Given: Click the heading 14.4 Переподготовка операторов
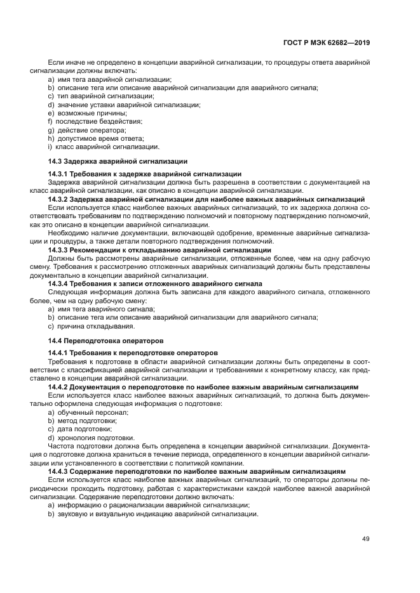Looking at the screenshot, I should point(105,340).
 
